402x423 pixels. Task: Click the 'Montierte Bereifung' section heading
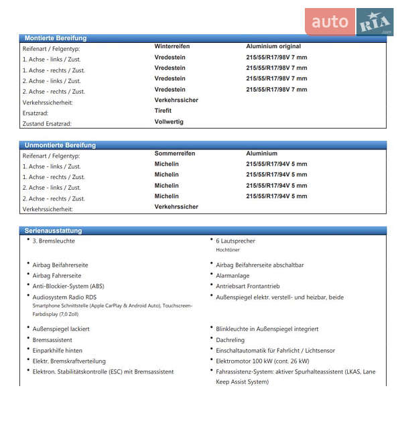pyautogui.click(x=56, y=38)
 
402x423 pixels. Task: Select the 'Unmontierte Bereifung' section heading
pyautogui.click(x=60, y=145)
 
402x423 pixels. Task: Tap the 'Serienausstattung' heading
pyautogui.click(x=54, y=231)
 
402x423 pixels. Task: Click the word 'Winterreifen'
pyautogui.click(x=172, y=46)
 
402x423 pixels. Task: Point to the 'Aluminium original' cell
pyautogui.click(x=273, y=46)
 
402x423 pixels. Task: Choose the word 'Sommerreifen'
pyautogui.click(x=175, y=154)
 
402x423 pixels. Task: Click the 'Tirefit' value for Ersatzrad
pyautogui.click(x=163, y=111)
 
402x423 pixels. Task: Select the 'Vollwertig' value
pyautogui.click(x=169, y=122)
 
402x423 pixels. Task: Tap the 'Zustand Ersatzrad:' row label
pyautogui.click(x=47, y=124)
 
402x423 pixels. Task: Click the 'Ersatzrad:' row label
pyautogui.click(x=36, y=113)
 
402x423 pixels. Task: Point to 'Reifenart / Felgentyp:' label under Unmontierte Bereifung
pyautogui.click(x=51, y=156)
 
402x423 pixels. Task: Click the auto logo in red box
pyautogui.click(x=330, y=22)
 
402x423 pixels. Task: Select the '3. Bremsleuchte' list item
pyautogui.click(x=54, y=241)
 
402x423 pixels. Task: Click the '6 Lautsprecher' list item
pyautogui.click(x=235, y=241)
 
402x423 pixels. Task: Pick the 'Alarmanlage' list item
pyautogui.click(x=232, y=276)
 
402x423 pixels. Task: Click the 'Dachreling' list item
pyautogui.click(x=230, y=340)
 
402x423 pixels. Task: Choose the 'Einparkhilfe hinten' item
pyautogui.click(x=58, y=351)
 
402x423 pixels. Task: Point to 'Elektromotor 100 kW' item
pyautogui.click(x=258, y=361)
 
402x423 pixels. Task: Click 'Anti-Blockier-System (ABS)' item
pyautogui.click(x=68, y=286)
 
